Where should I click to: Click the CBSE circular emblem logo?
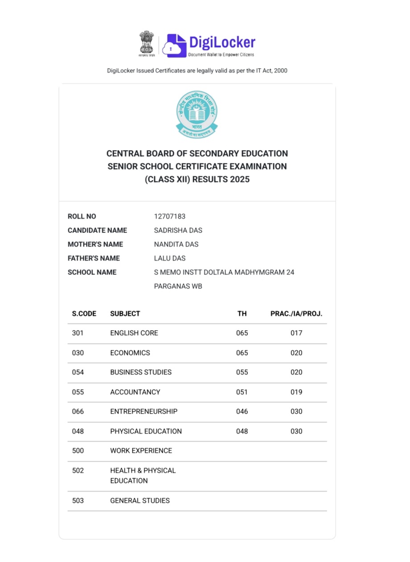(x=197, y=114)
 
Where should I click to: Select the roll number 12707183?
(x=169, y=217)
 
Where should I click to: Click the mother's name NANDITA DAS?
(x=176, y=244)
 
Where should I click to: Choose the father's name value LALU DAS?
(x=170, y=258)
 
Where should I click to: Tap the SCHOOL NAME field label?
(x=92, y=272)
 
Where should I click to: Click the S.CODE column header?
(x=84, y=314)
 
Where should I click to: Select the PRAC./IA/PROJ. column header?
(x=296, y=314)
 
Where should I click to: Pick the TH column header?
(x=242, y=314)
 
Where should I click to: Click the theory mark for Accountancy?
(x=242, y=392)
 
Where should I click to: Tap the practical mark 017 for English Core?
(x=296, y=333)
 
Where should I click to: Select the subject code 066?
(x=78, y=412)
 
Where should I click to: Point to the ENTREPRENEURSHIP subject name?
(x=143, y=412)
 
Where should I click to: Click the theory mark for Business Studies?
(x=242, y=373)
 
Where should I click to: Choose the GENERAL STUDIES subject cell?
(x=140, y=501)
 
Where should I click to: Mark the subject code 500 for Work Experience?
(x=78, y=451)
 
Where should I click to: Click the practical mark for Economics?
(x=296, y=353)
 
